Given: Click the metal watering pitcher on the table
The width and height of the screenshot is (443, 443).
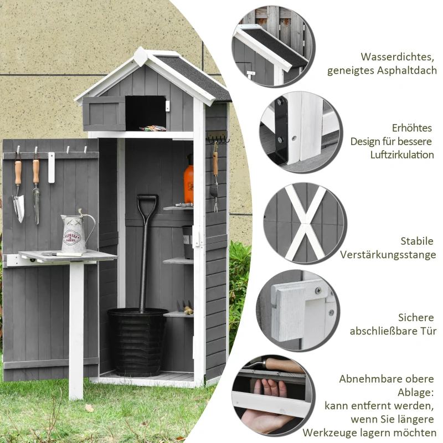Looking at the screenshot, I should [x=74, y=235].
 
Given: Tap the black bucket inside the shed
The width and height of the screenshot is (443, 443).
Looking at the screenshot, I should [x=137, y=341].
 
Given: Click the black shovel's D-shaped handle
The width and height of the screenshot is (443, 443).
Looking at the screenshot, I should [x=147, y=203].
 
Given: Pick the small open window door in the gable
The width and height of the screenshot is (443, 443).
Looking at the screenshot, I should [x=104, y=113].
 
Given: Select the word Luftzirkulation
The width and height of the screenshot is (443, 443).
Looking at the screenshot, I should [x=402, y=154].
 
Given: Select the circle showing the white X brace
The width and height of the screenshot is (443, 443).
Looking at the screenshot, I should [x=303, y=223].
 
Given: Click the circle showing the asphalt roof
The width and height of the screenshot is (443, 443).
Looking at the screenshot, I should [x=272, y=47].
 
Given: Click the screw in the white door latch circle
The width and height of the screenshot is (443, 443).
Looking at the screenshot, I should [x=318, y=291].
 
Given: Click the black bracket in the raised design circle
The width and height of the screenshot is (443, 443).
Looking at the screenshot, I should [x=281, y=130].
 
